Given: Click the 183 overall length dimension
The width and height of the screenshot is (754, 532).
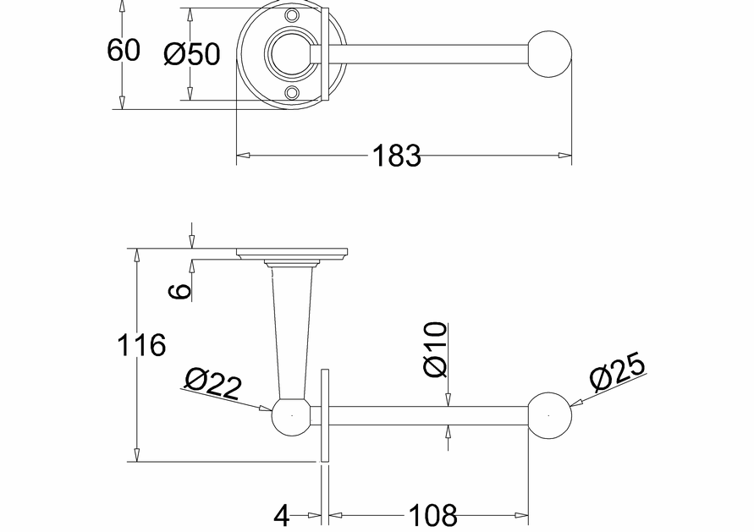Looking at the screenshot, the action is click(x=397, y=156).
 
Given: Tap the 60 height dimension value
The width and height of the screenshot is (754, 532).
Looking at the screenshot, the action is click(x=124, y=50).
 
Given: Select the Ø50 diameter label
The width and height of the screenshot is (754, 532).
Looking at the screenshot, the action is click(x=192, y=53).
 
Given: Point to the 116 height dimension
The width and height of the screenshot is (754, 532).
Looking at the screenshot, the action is click(x=141, y=345).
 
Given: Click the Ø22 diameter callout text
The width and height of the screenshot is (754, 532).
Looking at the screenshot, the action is click(x=212, y=382).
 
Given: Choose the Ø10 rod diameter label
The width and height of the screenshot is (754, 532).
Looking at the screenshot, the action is click(x=435, y=349).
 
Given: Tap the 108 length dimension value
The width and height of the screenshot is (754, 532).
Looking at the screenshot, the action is click(x=432, y=515).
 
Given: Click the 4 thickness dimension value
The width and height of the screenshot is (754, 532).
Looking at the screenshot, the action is click(x=282, y=516).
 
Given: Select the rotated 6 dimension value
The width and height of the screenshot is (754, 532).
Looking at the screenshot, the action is click(x=181, y=291).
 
